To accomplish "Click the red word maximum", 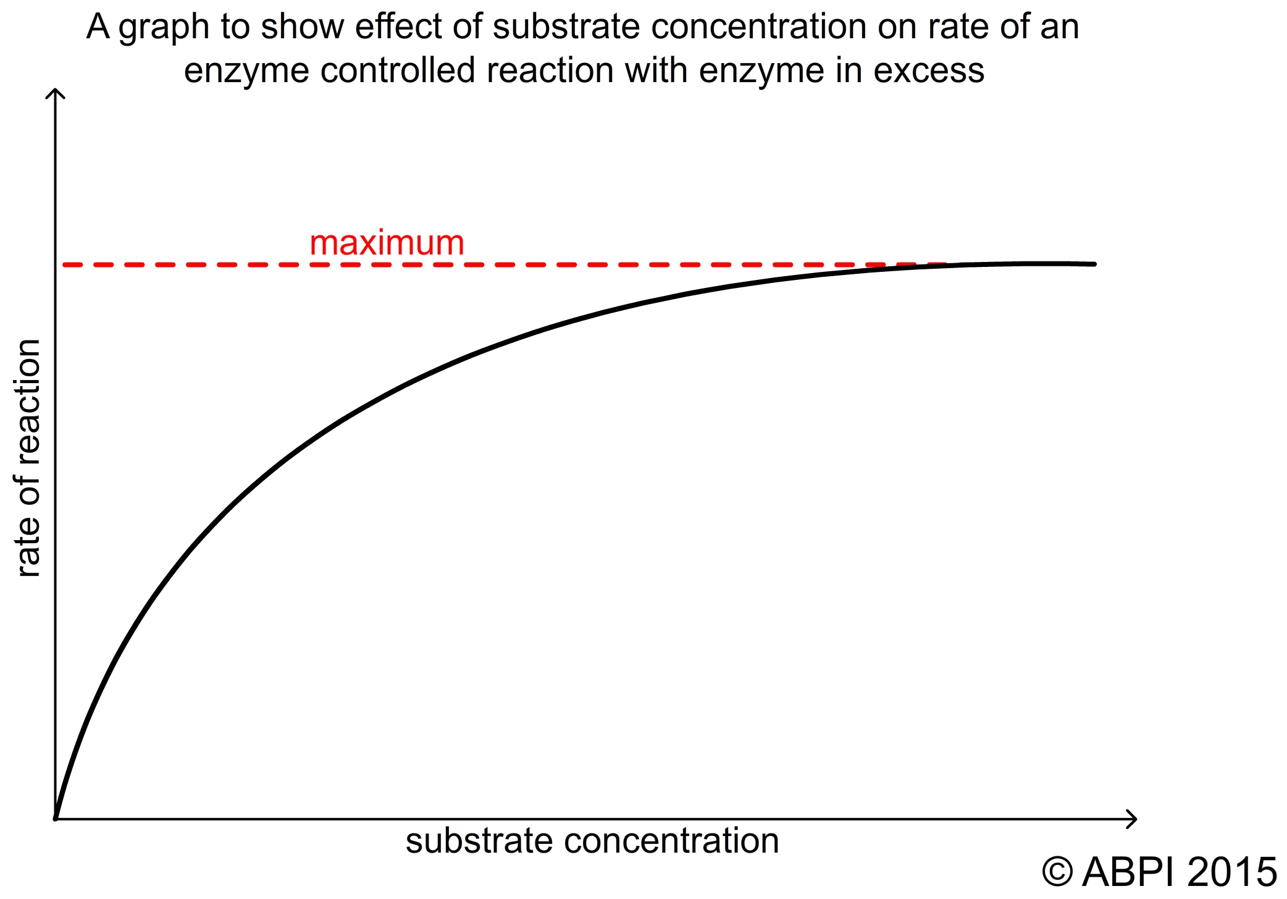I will tap(387, 243).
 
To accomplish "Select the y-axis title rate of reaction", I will tap(28, 458).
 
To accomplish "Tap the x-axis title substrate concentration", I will tap(592, 842).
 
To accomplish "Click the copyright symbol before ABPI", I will tap(1057, 872).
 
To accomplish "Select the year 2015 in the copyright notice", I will tap(1232, 872).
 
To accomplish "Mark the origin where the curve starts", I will tap(56, 818).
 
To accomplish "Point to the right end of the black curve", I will tap(1094, 264).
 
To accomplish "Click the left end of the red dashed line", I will tap(65, 264).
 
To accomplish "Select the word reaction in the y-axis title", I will tap(28, 402).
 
